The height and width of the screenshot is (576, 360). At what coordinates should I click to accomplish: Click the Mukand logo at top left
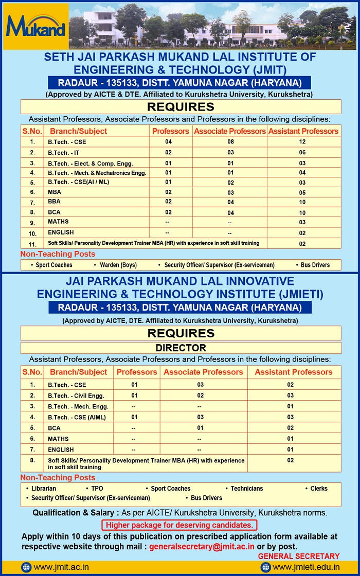[35, 26]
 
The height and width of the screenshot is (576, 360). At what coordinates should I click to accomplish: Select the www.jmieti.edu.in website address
[306, 567]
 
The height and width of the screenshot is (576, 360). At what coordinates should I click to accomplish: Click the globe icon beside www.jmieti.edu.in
[265, 567]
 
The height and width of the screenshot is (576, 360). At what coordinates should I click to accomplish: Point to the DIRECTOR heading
[181, 348]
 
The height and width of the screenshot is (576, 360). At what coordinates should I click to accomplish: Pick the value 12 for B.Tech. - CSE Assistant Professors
[302, 141]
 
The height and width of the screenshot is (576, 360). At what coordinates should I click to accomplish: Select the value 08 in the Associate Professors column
[230, 141]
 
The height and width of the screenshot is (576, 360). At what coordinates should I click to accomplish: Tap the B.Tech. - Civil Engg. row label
[76, 395]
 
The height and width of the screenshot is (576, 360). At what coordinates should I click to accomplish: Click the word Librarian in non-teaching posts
[43, 489]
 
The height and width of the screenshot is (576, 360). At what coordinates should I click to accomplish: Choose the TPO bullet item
[97, 489]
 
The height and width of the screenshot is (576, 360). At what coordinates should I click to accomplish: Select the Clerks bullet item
[318, 489]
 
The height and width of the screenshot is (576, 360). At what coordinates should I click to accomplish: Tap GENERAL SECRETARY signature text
[298, 556]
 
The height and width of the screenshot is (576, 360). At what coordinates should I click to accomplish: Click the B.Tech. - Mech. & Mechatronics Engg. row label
[97, 173]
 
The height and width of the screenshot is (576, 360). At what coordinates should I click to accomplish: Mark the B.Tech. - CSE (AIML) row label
[77, 417]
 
